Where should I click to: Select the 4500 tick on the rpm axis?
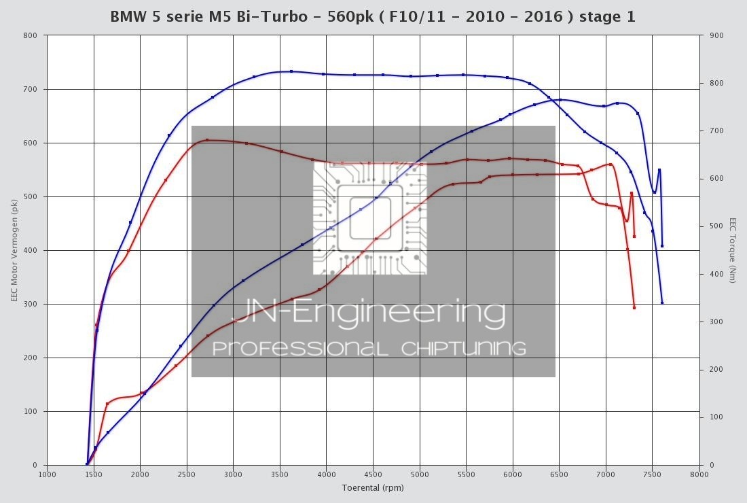pyautogui.click(x=373, y=474)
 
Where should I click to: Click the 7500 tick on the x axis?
pyautogui.click(x=653, y=474)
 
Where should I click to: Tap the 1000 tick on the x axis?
pyautogui.click(x=47, y=474)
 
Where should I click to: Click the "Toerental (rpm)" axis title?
pyautogui.click(x=373, y=487)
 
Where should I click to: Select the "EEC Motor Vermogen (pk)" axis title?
pyautogui.click(x=14, y=250)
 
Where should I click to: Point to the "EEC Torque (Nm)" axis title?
pyautogui.click(x=733, y=250)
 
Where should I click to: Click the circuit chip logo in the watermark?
pyautogui.click(x=370, y=218)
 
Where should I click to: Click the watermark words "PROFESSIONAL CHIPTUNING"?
pyautogui.click(x=369, y=349)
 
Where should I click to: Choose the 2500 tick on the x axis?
pyautogui.click(x=187, y=474)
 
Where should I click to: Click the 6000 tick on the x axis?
pyautogui.click(x=513, y=474)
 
